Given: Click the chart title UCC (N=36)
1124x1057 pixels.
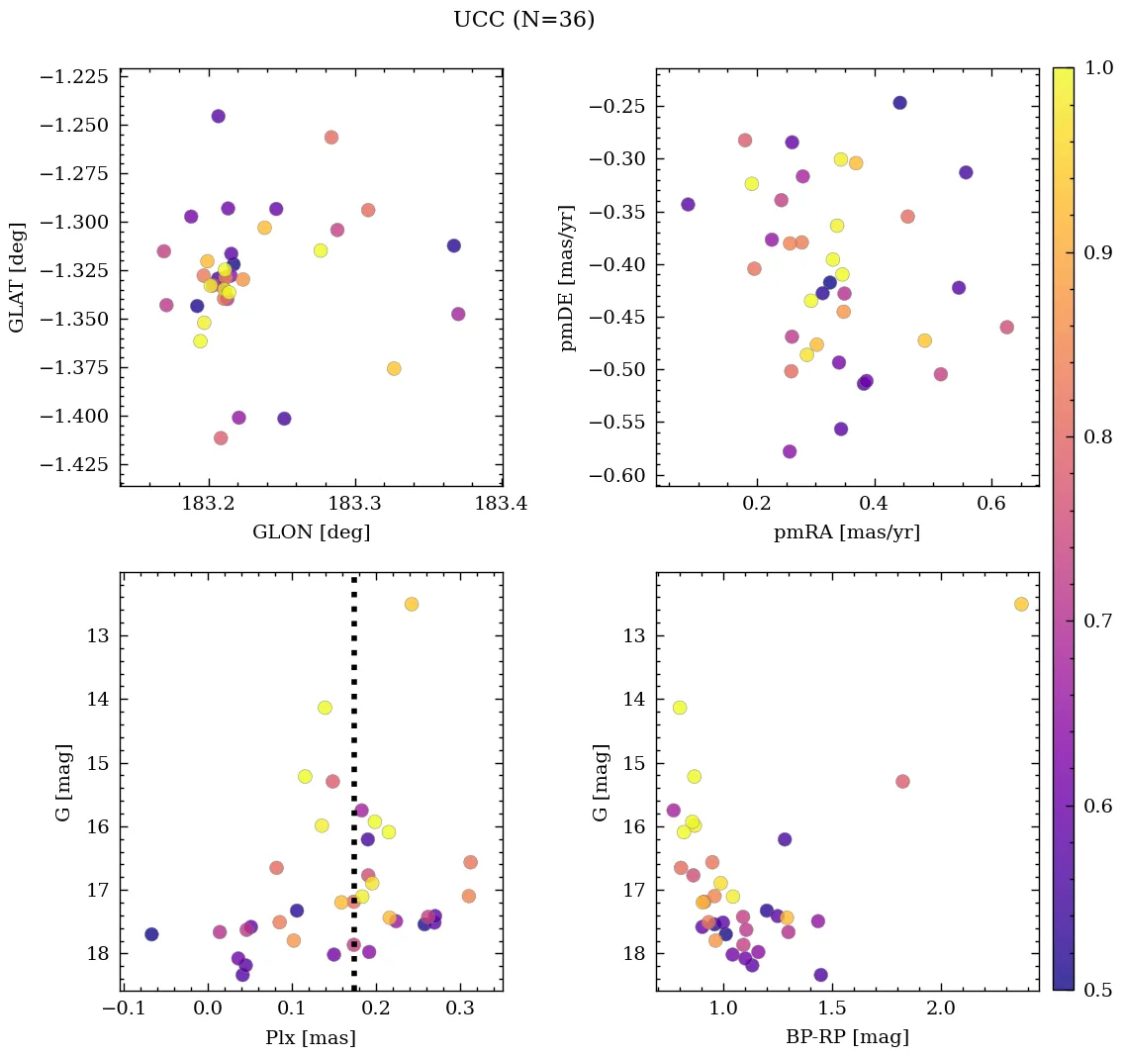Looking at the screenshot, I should click(x=523, y=20).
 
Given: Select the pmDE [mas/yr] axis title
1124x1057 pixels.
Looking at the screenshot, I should click(x=567, y=278).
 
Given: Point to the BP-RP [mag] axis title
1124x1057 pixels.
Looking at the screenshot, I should click(x=847, y=1037).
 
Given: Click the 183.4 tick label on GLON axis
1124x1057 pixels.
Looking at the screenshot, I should click(x=501, y=505).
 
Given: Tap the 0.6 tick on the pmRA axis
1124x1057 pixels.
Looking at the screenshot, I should click(x=991, y=505).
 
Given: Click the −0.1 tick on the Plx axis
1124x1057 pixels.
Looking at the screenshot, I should click(x=123, y=1009).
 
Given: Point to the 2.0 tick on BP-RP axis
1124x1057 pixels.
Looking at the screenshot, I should click(x=941, y=1009).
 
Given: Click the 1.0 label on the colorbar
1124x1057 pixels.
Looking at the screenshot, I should click(x=1097, y=68).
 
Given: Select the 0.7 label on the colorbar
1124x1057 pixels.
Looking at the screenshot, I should click(x=1097, y=621).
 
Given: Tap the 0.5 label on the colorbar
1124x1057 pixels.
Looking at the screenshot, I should click(x=1097, y=990).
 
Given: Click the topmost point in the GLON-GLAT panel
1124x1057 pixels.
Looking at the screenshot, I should click(x=218, y=116).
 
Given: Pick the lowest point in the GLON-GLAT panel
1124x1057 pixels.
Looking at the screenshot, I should click(x=221, y=437).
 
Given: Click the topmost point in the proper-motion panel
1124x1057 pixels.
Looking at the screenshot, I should click(x=899, y=103).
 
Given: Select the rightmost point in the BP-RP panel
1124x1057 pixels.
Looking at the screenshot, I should click(x=1021, y=604).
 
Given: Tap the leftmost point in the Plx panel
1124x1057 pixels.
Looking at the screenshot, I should click(x=151, y=934).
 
